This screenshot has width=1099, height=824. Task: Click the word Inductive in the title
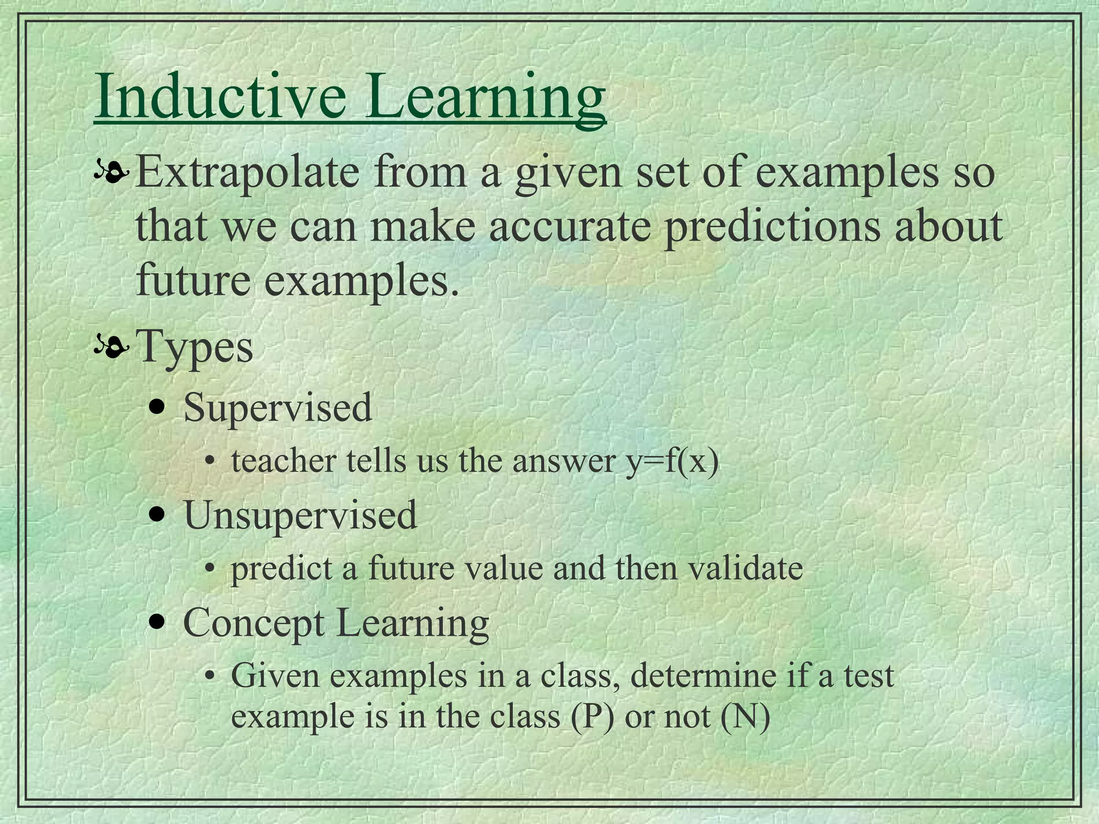point(220,97)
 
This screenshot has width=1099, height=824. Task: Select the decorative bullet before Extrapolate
point(112,172)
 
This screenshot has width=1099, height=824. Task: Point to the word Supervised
point(277,408)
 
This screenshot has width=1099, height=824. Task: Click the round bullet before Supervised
point(157,408)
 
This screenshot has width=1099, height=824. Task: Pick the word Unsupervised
point(300,515)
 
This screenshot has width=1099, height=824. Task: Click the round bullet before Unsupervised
point(157,516)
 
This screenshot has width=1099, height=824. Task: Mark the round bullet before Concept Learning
point(157,623)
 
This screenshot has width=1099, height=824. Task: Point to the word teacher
point(283,461)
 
